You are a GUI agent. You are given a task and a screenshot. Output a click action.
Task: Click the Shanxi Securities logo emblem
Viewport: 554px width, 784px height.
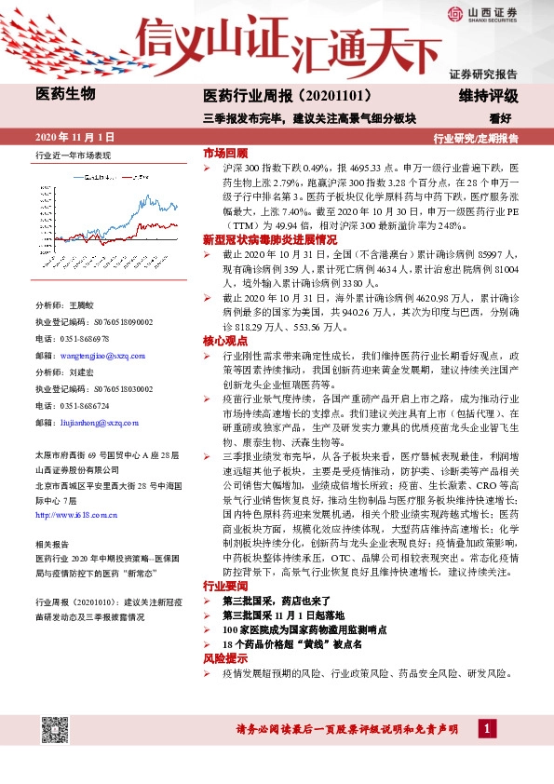(x=453, y=14)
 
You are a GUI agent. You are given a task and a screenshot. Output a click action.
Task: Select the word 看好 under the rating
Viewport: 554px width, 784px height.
(x=501, y=117)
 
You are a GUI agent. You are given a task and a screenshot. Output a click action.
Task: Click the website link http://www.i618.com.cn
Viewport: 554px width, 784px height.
(x=74, y=514)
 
